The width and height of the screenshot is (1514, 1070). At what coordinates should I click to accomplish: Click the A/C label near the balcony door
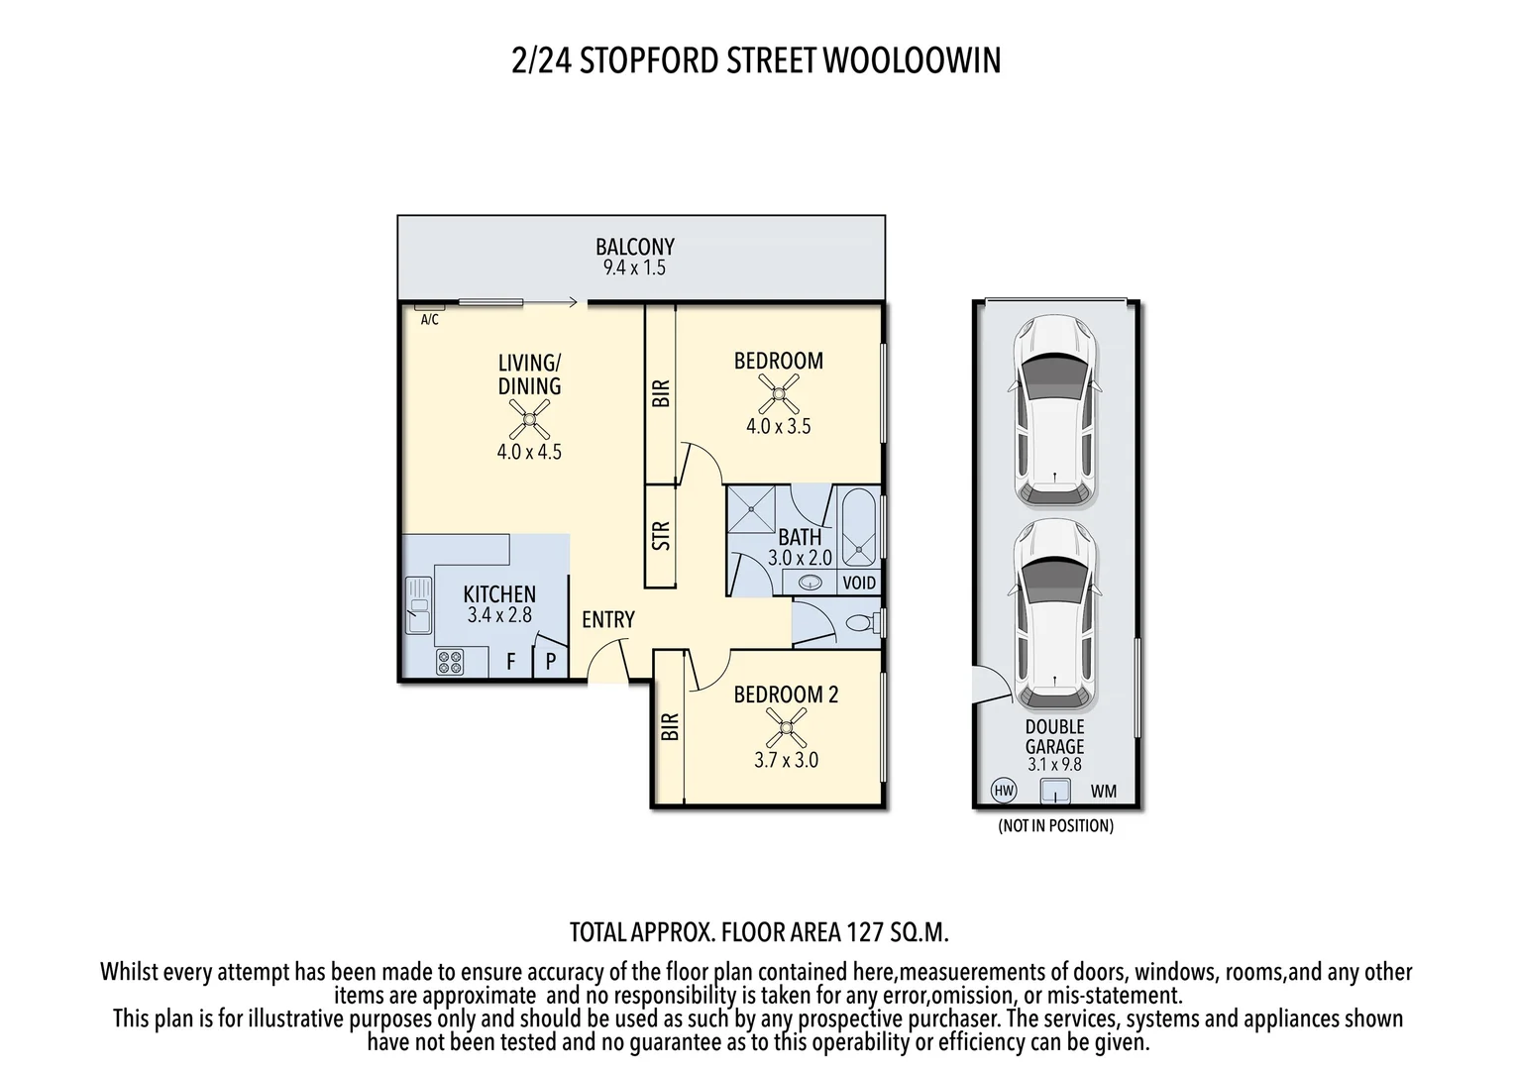(x=429, y=320)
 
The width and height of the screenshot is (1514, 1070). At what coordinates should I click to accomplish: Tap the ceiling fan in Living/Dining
(x=529, y=424)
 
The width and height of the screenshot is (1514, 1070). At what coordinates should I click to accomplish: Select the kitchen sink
(x=418, y=605)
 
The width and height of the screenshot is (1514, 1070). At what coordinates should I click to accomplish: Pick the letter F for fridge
(x=511, y=661)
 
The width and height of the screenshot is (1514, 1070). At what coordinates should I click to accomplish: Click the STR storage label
(x=661, y=535)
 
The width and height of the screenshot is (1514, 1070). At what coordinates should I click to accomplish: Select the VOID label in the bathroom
(x=858, y=583)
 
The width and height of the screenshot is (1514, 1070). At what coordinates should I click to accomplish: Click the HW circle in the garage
(x=1004, y=791)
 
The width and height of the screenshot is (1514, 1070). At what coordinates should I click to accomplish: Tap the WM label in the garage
(x=1103, y=791)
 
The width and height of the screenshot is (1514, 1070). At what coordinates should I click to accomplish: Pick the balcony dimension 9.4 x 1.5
(x=634, y=267)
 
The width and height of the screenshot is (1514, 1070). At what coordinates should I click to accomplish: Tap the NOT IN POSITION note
(x=1055, y=826)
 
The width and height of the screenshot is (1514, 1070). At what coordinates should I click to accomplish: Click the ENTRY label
(x=607, y=620)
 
